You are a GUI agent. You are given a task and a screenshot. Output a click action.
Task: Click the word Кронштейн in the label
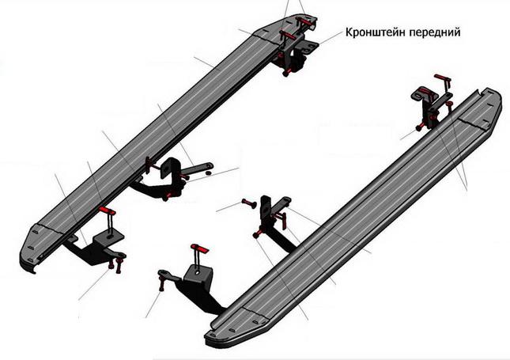[374, 32]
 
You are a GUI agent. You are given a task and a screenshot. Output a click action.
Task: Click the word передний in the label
[433, 33]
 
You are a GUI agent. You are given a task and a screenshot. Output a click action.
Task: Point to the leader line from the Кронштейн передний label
[331, 37]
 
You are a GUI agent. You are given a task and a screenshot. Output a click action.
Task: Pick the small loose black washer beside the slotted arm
[209, 172]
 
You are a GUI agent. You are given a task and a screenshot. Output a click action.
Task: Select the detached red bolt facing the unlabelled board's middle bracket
[250, 204]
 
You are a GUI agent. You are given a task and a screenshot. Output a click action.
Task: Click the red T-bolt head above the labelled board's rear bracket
[108, 211]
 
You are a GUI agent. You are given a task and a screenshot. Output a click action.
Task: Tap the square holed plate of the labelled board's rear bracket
[109, 237]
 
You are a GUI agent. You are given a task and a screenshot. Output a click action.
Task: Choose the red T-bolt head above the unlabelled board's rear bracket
[200, 249]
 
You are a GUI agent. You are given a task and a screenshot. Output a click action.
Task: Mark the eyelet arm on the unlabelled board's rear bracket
[168, 275]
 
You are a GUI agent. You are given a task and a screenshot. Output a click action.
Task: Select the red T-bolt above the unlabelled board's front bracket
[443, 79]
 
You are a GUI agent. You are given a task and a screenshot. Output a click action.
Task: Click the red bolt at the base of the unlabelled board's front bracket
[420, 127]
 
